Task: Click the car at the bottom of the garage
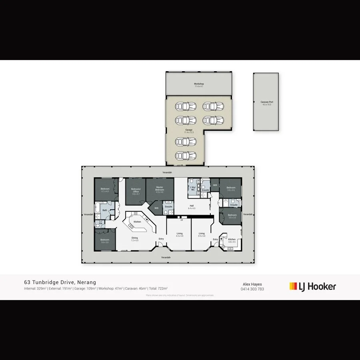pyautogui.click(x=186, y=155)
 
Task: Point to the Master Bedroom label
pyautogui.click(x=160, y=189)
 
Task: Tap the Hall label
pyautogui.click(x=192, y=207)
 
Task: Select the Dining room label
pyautogui.click(x=135, y=239)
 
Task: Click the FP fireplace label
pyautogui.click(x=182, y=220)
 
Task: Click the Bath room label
pyautogui.click(x=105, y=210)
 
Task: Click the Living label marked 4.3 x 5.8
pyautogui.click(x=180, y=234)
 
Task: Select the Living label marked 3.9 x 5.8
pyautogui.click(x=202, y=234)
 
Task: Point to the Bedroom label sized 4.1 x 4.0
pyautogui.click(x=105, y=190)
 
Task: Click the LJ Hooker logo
pyautogui.click(x=312, y=286)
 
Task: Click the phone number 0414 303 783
pyautogui.click(x=252, y=289)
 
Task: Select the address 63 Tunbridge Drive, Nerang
pyautogui.click(x=60, y=282)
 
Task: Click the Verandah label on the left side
pyautogui.click(x=88, y=214)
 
